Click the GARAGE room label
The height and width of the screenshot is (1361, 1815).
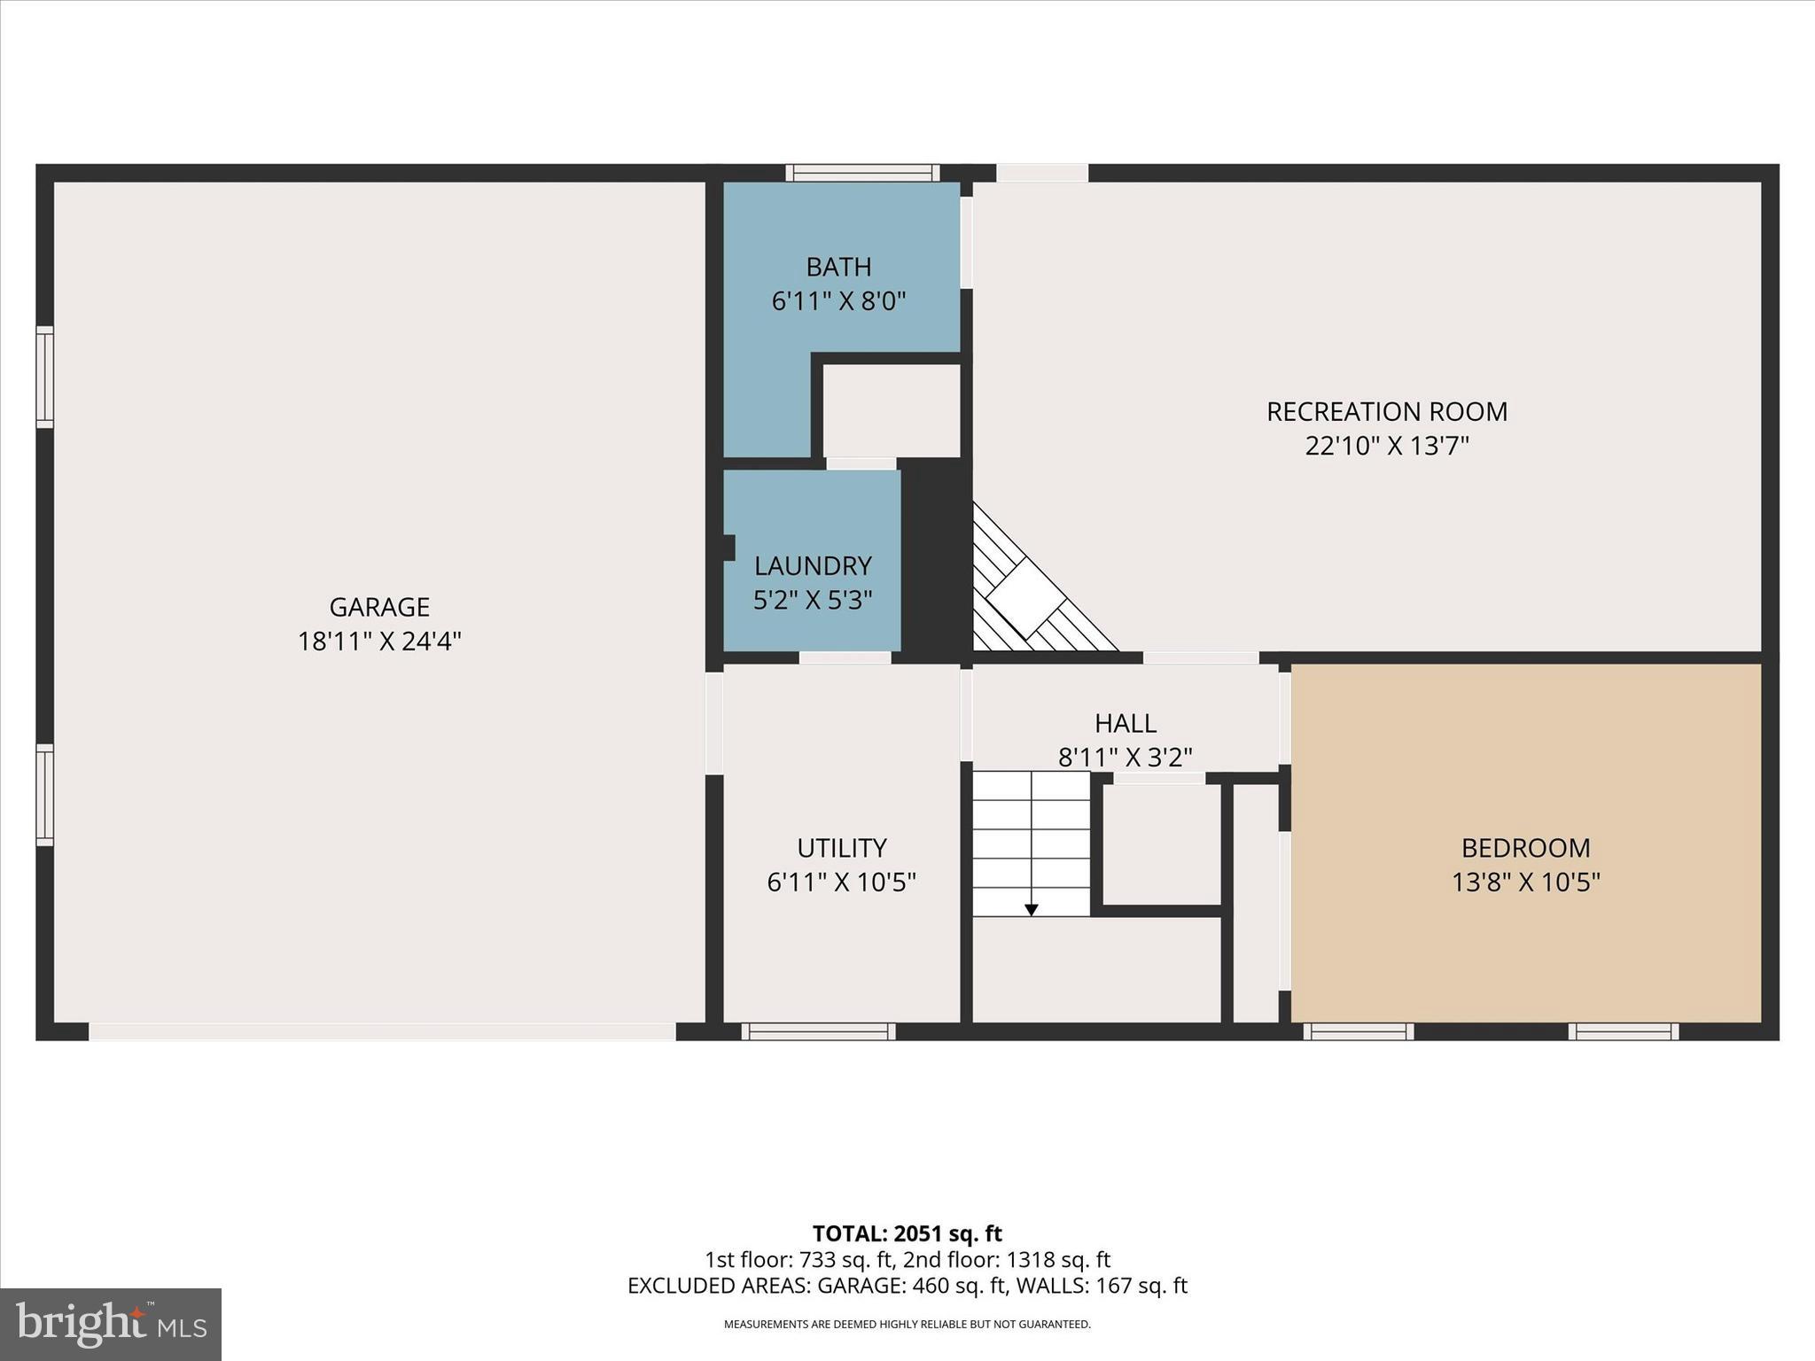tap(379, 607)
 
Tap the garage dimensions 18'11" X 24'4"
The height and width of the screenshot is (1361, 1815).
tap(379, 641)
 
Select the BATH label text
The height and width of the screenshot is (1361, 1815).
tap(838, 267)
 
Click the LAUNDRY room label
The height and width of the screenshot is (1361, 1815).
tap(813, 565)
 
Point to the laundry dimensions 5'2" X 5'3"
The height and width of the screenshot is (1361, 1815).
tap(813, 600)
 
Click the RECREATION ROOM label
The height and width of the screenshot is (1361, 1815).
tap(1386, 411)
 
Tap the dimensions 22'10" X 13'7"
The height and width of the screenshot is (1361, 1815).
tap(1386, 446)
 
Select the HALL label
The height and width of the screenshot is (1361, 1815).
tap(1125, 723)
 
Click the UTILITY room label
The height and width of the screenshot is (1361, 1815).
tap(841, 848)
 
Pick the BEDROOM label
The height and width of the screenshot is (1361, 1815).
tap(1525, 848)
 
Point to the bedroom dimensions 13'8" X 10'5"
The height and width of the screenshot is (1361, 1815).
tap(1525, 883)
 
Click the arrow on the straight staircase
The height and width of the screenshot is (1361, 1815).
tap(1031, 909)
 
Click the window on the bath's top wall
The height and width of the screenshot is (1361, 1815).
tap(861, 173)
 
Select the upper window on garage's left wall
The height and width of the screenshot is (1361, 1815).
tap(44, 377)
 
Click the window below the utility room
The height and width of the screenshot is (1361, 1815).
tap(818, 1031)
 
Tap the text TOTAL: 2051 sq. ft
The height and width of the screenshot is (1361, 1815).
tap(907, 1233)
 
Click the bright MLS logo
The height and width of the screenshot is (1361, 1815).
tap(111, 1324)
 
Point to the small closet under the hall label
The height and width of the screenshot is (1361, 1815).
tap(1161, 844)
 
